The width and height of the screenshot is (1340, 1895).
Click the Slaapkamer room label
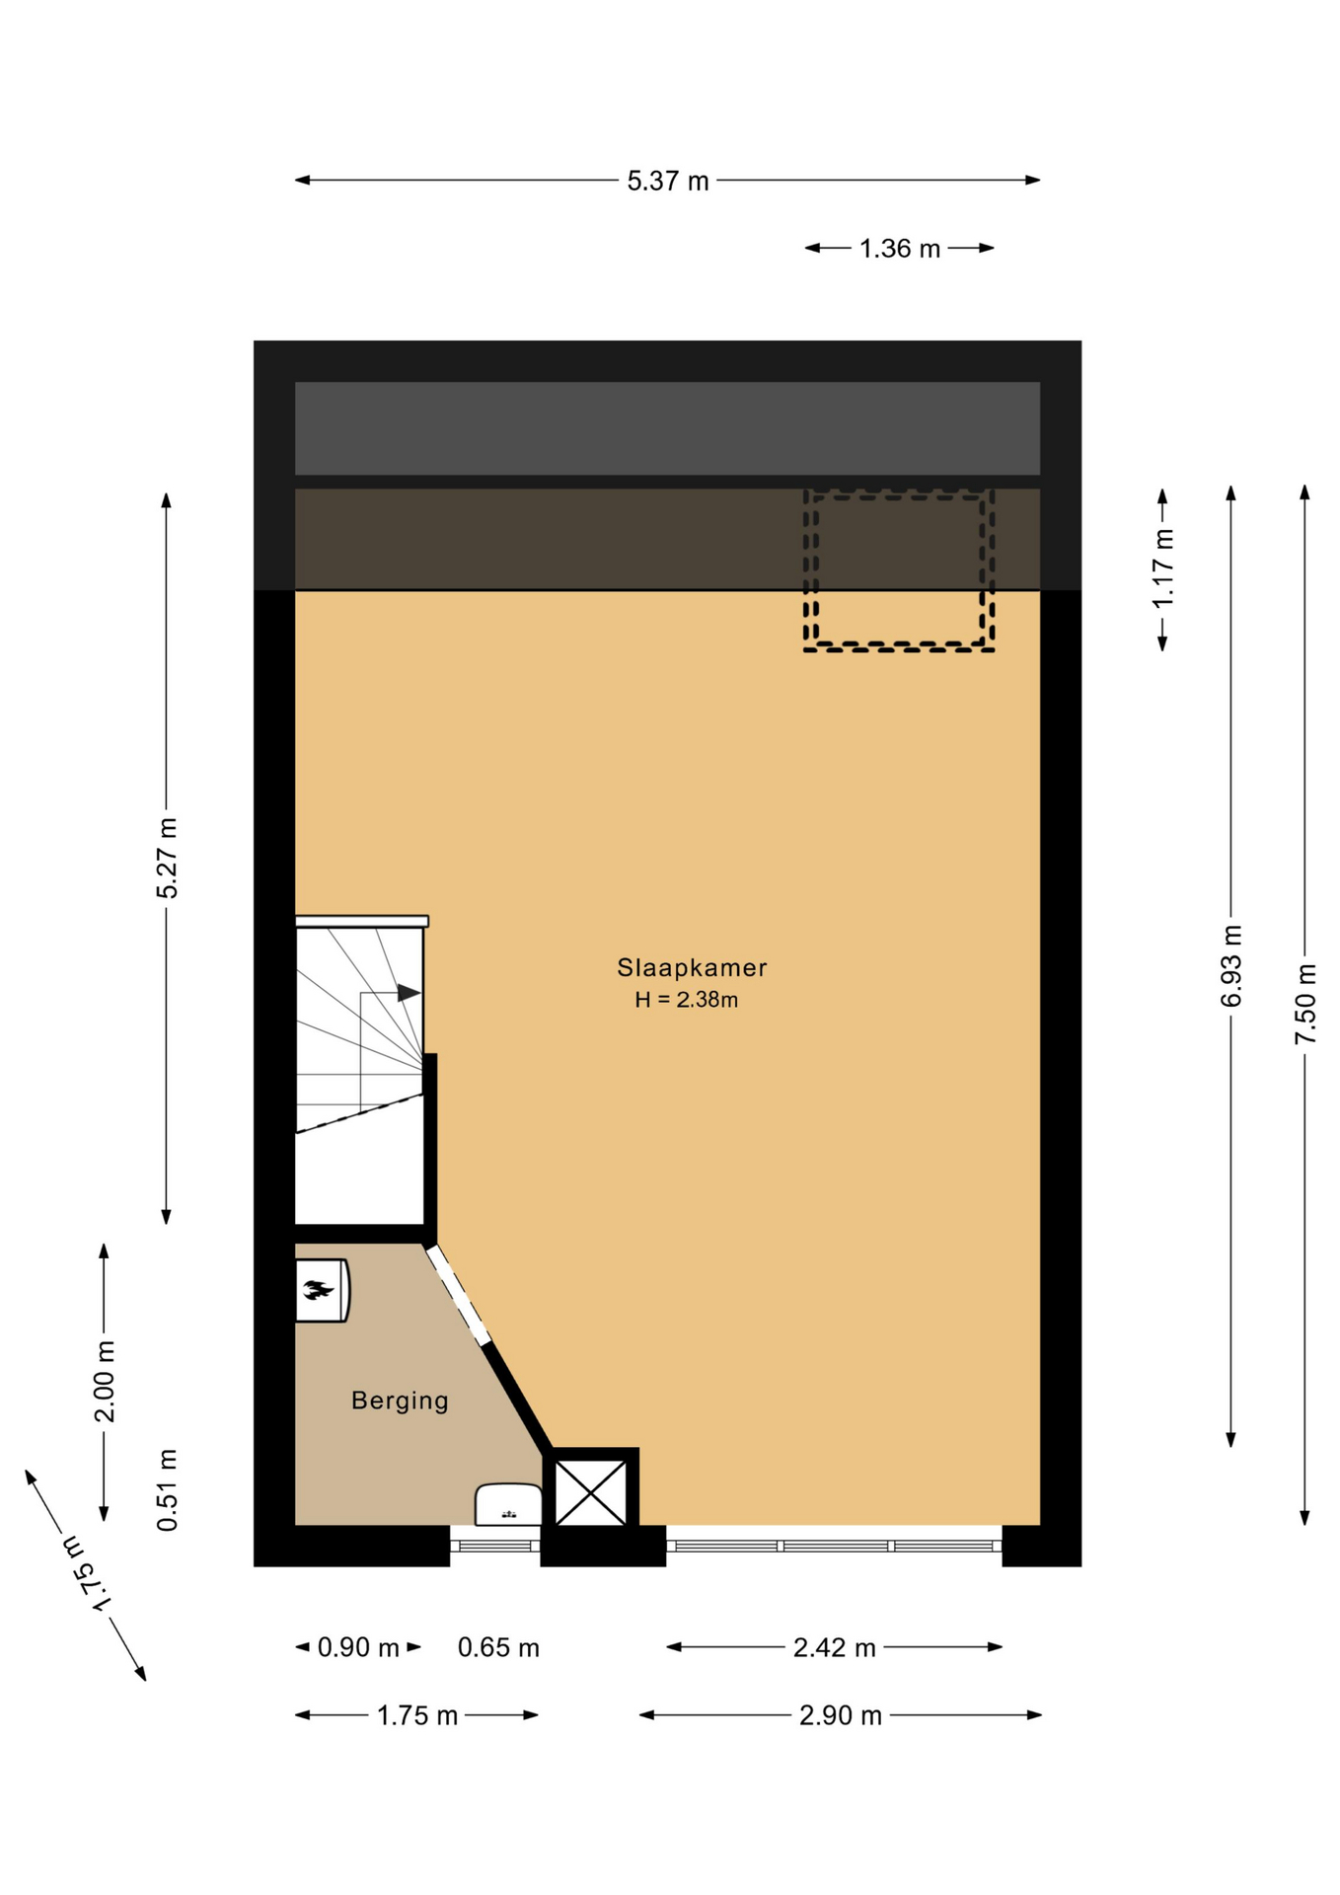tap(692, 967)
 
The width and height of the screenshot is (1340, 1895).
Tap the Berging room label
tap(400, 1401)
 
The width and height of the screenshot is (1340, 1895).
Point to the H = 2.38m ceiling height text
tap(687, 1000)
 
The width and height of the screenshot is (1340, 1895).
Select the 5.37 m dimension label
tap(668, 182)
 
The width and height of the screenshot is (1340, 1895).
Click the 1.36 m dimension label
tap(899, 249)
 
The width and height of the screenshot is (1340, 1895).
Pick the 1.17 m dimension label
tap(1164, 568)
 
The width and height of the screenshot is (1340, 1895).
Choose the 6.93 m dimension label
tap(1231, 966)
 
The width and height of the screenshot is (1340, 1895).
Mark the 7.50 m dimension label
tap(1305, 1004)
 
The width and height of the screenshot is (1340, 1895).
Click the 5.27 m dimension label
tap(168, 858)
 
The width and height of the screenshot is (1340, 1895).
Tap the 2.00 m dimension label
tap(105, 1381)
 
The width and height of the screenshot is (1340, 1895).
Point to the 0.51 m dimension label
tap(168, 1489)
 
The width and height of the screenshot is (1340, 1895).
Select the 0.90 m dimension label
tap(358, 1647)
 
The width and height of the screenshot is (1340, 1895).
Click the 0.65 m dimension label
tap(498, 1647)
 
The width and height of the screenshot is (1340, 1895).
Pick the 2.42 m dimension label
tap(835, 1647)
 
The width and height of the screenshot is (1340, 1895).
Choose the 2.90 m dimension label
tap(841, 1715)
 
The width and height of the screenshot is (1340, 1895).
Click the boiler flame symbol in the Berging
tap(318, 1289)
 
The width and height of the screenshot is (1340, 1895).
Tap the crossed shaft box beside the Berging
tap(591, 1492)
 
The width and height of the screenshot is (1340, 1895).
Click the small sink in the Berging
tap(508, 1505)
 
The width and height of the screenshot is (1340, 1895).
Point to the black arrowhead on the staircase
tap(409, 993)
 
